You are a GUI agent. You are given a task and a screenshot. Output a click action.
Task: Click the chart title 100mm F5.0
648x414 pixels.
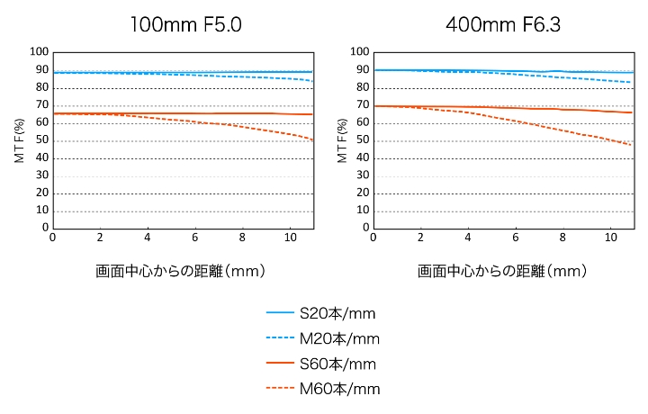click(x=185, y=24)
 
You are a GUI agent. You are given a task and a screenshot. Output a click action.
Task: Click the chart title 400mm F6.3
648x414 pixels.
click(x=503, y=24)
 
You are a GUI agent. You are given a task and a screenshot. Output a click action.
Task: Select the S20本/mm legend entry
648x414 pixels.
click(x=321, y=313)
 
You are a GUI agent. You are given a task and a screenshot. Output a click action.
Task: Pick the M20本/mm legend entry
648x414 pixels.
click(x=321, y=338)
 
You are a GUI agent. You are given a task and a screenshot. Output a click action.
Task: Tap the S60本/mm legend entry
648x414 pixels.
click(x=321, y=364)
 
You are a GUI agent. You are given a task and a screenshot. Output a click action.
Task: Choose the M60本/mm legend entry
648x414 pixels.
click(x=321, y=389)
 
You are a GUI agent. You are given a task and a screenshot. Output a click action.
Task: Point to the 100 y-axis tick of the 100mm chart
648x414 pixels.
click(x=37, y=52)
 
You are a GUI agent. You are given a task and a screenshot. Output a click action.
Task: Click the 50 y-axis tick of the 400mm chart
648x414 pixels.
click(x=359, y=140)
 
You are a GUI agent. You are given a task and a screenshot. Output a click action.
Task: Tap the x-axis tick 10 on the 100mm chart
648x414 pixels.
click(x=290, y=238)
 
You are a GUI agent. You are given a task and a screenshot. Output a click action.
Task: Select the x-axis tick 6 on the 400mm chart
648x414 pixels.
click(x=516, y=238)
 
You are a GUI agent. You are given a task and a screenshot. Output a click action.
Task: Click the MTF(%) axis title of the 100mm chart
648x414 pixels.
click(x=18, y=140)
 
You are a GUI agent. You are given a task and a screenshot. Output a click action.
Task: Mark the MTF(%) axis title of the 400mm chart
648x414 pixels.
click(x=340, y=140)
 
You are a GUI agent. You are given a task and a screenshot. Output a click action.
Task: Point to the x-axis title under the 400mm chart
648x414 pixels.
click(x=502, y=270)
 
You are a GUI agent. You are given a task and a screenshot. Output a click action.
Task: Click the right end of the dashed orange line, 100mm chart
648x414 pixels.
click(x=312, y=139)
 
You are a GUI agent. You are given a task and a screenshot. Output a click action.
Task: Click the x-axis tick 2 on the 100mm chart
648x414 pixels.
click(x=100, y=238)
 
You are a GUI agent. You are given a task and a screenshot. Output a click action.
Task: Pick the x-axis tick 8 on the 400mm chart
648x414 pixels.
click(x=563, y=238)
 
